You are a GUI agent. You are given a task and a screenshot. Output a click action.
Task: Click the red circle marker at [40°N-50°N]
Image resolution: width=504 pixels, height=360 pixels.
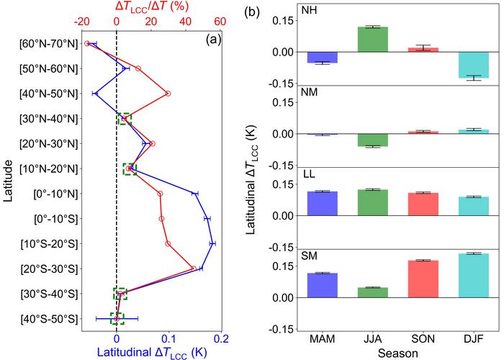(168, 94)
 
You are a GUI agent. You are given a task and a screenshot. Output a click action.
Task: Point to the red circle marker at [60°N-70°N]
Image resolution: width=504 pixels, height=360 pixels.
(88, 43)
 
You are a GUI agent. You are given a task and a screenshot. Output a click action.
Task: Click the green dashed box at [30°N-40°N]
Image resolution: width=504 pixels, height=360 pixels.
(125, 119)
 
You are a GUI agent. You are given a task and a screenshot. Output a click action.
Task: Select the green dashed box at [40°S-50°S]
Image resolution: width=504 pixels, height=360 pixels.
(117, 318)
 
